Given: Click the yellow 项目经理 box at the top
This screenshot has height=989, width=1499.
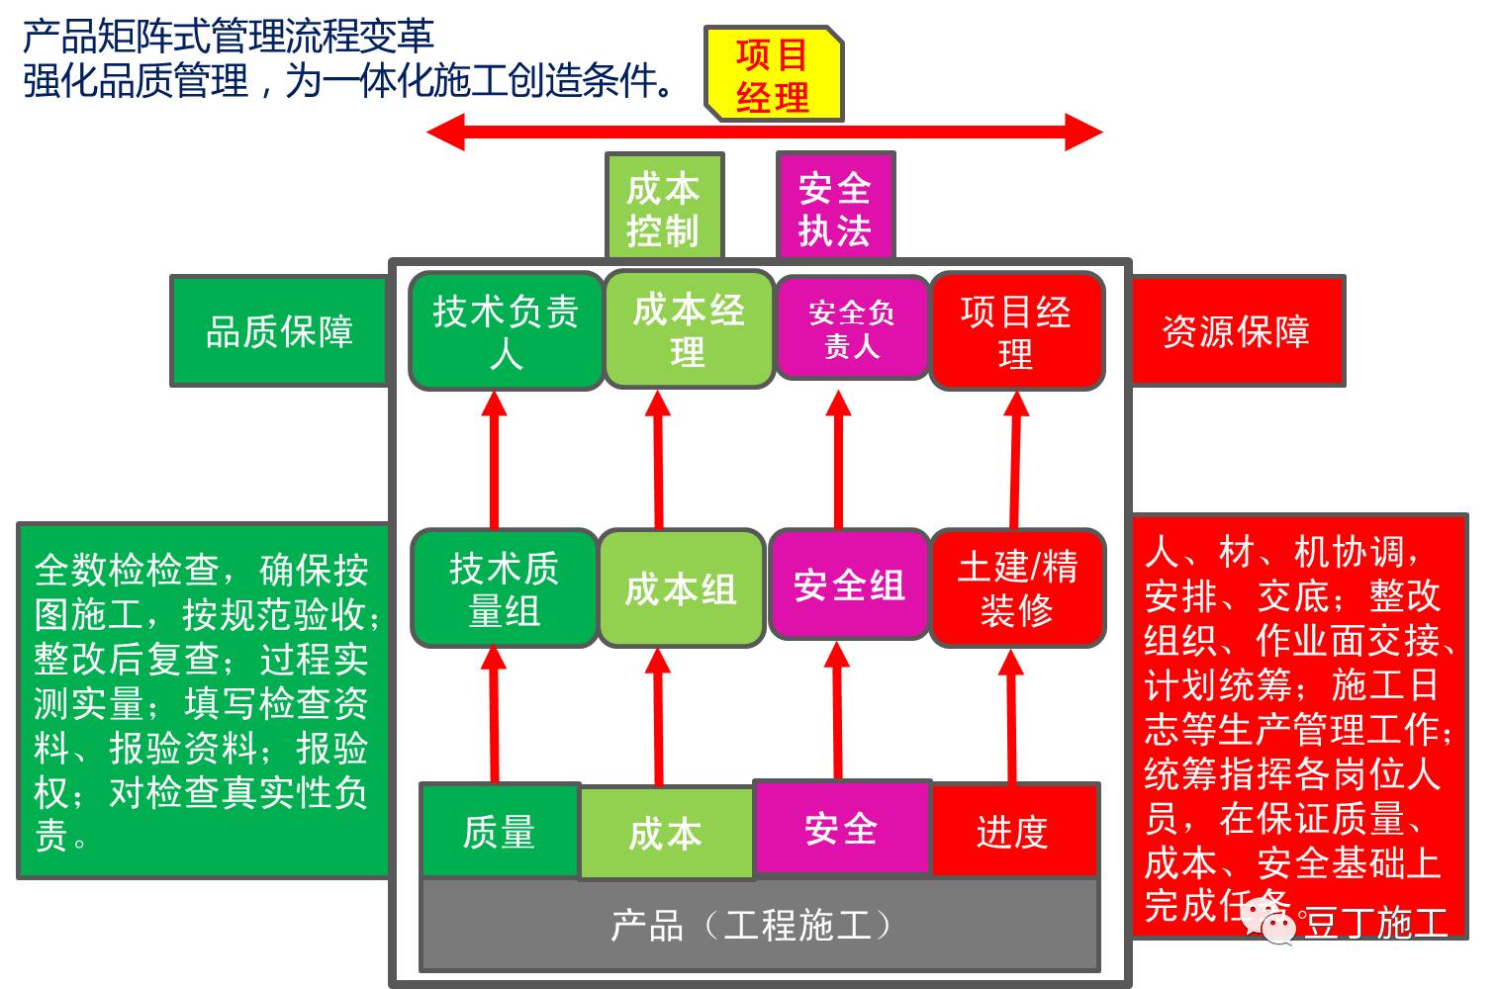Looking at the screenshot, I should (x=773, y=75).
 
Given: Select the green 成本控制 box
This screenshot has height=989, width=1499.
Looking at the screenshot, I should (x=664, y=208).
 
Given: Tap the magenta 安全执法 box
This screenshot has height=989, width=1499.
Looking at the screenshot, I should (x=835, y=208).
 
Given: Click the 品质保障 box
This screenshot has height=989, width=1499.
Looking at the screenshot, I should (x=279, y=331).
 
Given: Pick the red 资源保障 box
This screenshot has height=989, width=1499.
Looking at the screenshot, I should (x=1236, y=331).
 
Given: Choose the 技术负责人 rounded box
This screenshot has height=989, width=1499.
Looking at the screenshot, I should (x=506, y=330).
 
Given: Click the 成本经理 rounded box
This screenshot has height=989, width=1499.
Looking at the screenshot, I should (x=689, y=329).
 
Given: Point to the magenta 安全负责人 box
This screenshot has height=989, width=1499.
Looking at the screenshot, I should (x=852, y=328).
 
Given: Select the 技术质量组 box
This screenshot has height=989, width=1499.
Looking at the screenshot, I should (x=504, y=588).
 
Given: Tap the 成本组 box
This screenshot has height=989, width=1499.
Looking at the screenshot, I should (x=681, y=588).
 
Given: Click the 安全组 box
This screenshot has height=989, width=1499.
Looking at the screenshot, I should (x=849, y=585).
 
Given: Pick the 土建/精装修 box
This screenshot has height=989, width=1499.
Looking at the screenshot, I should (x=1017, y=587).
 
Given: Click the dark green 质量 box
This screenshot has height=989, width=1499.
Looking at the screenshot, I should (x=500, y=831).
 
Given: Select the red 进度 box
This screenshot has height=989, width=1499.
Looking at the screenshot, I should (x=1013, y=831).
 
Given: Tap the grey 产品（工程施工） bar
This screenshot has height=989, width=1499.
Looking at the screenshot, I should (x=760, y=925).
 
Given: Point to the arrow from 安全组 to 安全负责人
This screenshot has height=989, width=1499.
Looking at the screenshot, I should (x=839, y=460).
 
